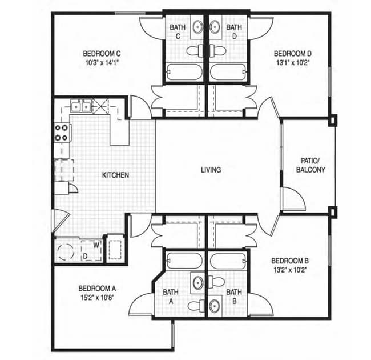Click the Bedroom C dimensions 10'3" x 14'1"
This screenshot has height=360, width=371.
pos(102,63)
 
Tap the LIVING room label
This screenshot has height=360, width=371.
pos(211,170)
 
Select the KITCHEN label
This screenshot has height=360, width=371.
pos(115,175)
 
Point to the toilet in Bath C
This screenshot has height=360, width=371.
pos(195,50)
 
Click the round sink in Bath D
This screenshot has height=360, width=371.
pos(215,26)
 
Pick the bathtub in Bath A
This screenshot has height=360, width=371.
pos(184,261)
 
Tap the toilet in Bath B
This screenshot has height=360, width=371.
pos(216,282)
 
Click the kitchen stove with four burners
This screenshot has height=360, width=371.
pos(62,133)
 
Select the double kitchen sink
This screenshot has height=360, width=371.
pos(81,107)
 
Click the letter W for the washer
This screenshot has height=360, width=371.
pos(96,245)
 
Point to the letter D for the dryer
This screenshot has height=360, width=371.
pos(85,256)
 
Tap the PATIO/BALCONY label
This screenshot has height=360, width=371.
pos(310,165)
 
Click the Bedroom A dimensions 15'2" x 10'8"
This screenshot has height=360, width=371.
pos(98,298)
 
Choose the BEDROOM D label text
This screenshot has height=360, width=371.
pos(293,54)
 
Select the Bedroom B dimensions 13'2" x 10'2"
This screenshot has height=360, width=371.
pos(290,270)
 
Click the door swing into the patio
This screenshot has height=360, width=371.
pos(299,195)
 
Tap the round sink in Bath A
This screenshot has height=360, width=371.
pos(198,282)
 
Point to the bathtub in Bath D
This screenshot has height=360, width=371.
pos(228,72)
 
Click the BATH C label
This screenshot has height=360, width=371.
pos(178,32)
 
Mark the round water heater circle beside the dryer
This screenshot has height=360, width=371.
pos(65,252)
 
